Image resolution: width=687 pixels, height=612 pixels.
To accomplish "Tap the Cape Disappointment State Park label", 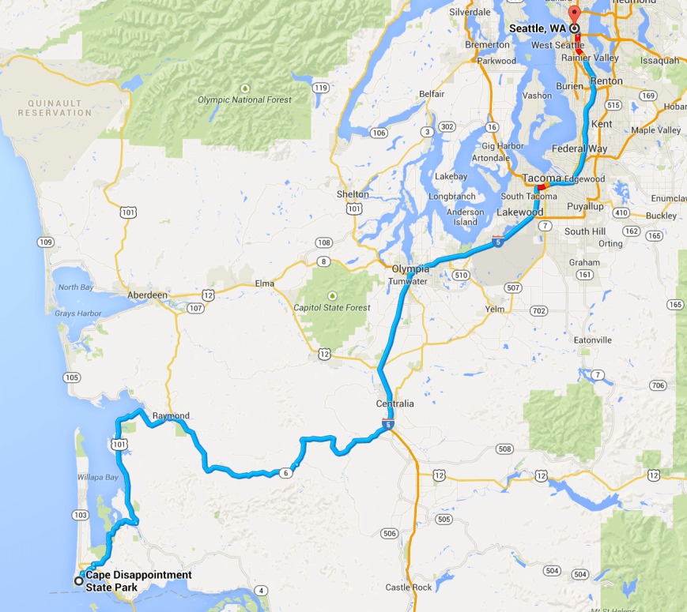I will (138, 581).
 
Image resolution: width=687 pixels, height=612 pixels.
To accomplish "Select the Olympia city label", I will (410, 268).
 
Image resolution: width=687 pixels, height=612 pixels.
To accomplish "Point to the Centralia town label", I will (394, 404).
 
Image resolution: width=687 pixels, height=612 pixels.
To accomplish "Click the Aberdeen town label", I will (148, 295).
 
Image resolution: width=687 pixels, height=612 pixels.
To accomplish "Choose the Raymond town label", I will (171, 415).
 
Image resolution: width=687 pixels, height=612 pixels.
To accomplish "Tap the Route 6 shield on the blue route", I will (285, 472).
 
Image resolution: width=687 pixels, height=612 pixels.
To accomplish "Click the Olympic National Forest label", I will (244, 99).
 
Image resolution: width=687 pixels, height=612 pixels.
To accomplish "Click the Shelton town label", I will (353, 194).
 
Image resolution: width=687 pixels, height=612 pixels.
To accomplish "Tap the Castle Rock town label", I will (409, 588).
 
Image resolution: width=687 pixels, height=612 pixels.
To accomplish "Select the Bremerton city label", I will (487, 45).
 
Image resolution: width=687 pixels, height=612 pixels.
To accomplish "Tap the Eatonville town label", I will (593, 340).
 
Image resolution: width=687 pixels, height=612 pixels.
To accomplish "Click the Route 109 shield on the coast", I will (46, 242).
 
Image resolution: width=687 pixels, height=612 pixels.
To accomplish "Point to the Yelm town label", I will (494, 309).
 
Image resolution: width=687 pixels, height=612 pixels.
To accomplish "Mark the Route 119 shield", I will (320, 88).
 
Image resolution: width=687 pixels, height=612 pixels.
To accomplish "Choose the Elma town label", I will (264, 283).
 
